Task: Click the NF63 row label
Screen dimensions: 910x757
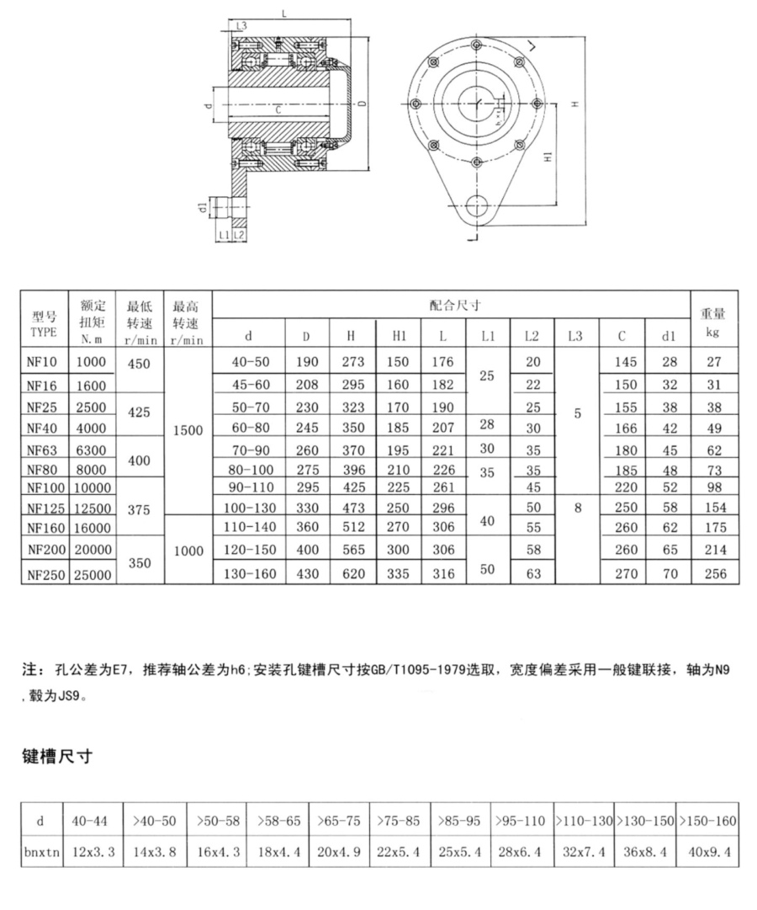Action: pyautogui.click(x=42, y=450)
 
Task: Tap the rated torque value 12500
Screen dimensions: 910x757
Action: pyautogui.click(x=92, y=508)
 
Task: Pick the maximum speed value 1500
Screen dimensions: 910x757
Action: pyautogui.click(x=188, y=429)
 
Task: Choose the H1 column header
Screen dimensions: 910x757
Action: pyautogui.click(x=400, y=336)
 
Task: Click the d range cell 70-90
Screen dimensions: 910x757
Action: pyautogui.click(x=249, y=450)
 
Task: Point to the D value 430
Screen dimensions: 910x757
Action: pyautogui.click(x=306, y=573)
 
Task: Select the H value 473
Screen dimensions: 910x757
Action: pyautogui.click(x=352, y=508)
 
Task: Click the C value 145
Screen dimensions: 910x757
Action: pyautogui.click(x=622, y=362)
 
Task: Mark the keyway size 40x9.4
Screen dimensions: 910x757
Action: pyautogui.click(x=708, y=852)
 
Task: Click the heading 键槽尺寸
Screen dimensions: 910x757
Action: pyautogui.click(x=56, y=757)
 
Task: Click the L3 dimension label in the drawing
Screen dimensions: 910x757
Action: pyautogui.click(x=241, y=26)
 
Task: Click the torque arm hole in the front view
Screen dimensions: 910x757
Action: pyautogui.click(x=477, y=206)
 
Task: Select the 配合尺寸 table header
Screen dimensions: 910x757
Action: pyautogui.click(x=450, y=305)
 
